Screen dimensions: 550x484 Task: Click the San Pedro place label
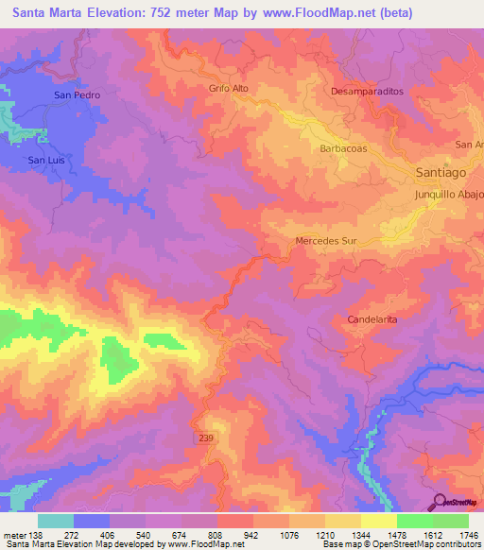(x=77, y=95)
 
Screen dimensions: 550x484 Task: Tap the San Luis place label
(x=46, y=161)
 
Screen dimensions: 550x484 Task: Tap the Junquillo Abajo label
(x=449, y=195)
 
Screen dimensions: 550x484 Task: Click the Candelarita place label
(x=372, y=319)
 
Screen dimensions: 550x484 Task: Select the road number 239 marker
(x=207, y=438)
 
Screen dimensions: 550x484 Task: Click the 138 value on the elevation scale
(x=36, y=535)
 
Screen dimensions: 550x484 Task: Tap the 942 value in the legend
(x=251, y=535)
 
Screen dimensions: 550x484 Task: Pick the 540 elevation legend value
(x=144, y=535)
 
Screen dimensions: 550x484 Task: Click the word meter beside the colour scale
(x=13, y=535)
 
